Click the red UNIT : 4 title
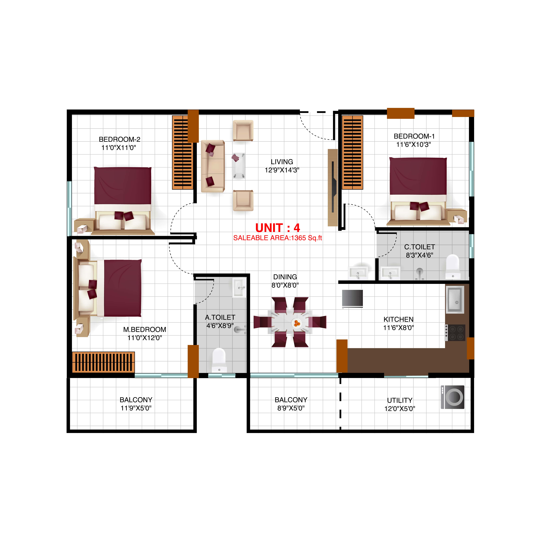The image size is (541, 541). pos(278,228)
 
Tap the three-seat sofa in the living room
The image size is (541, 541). pos(213,166)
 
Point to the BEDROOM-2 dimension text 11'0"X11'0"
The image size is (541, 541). pos(119,148)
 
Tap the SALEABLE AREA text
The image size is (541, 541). pos(278,238)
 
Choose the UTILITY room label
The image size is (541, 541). pos(400,400)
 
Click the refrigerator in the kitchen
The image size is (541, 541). pos(352,298)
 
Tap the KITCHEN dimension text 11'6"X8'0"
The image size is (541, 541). pos(398,328)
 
